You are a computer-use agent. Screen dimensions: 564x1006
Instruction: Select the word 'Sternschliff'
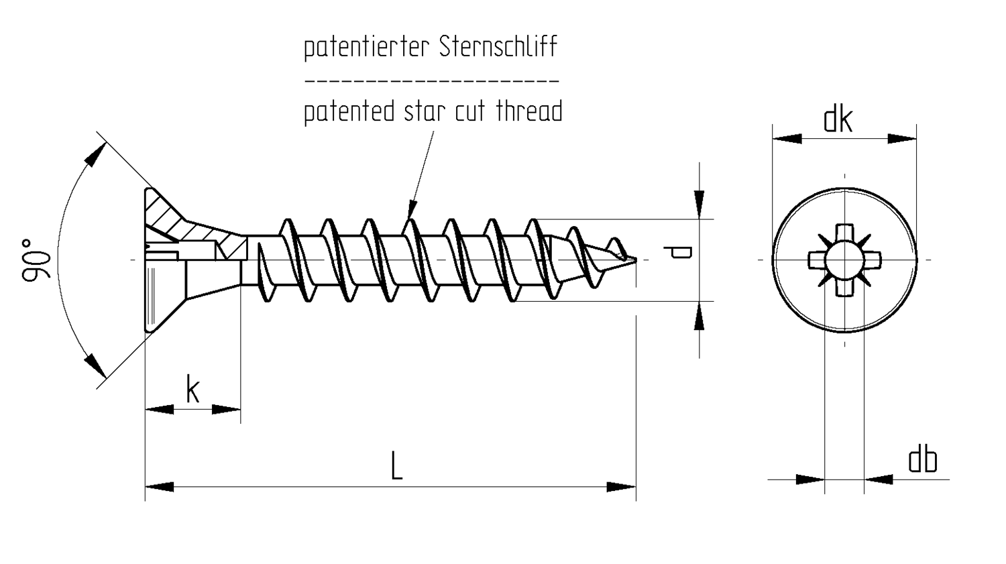pyautogui.click(x=498, y=47)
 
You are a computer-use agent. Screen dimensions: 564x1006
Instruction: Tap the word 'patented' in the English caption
pyautogui.click(x=349, y=111)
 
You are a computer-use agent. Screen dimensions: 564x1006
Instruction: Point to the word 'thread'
pyautogui.click(x=529, y=111)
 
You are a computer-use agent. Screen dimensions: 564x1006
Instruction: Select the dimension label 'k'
pyautogui.click(x=192, y=390)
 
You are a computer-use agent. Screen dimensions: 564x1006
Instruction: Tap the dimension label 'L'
pyautogui.click(x=396, y=467)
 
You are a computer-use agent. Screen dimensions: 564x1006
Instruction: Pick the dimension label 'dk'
pyautogui.click(x=838, y=121)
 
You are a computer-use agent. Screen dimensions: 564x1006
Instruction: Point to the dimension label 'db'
pyautogui.click(x=922, y=461)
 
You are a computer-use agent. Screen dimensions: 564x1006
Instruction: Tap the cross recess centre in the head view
pyautogui.click(x=844, y=260)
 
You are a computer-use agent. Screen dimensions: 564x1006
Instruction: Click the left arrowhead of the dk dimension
pyautogui.click(x=787, y=139)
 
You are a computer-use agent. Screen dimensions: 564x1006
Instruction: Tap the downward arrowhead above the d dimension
pyautogui.click(x=699, y=201)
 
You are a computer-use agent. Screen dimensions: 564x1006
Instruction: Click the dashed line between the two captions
pyautogui.click(x=431, y=80)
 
